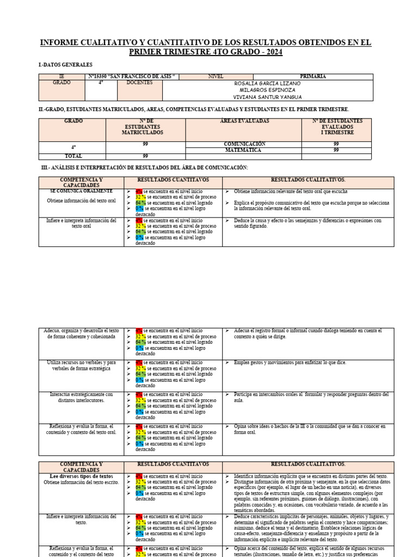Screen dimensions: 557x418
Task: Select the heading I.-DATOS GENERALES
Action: click(65, 65)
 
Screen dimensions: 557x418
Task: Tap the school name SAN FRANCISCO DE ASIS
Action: click(132, 77)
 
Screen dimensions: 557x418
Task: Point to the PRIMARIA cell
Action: click(313, 77)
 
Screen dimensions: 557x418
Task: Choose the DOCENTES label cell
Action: click(139, 83)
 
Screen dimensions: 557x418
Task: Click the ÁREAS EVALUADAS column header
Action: click(244, 121)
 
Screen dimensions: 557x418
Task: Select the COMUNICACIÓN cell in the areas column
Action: click(244, 144)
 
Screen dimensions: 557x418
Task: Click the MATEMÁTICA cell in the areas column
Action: click(244, 150)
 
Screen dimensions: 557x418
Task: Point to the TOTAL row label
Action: click(73, 156)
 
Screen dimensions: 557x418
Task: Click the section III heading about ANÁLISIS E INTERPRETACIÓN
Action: click(145, 167)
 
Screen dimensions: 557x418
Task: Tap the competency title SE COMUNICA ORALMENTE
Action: click(82, 191)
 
